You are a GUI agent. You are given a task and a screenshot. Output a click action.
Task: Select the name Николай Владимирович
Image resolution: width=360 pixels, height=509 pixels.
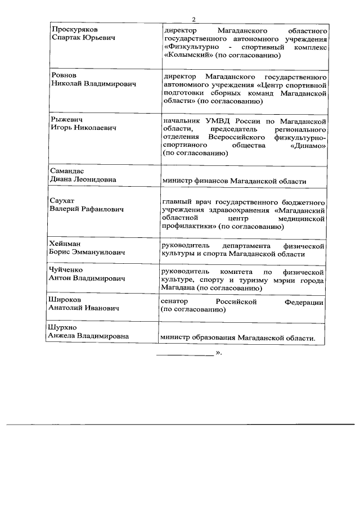click(x=91, y=84)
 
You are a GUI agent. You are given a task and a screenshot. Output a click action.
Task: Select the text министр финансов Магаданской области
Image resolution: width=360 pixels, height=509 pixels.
click(x=234, y=181)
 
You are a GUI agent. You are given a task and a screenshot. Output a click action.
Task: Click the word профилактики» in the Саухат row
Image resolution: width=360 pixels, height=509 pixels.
click(x=188, y=227)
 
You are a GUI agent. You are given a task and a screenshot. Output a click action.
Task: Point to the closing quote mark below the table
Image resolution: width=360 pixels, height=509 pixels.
click(x=218, y=353)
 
